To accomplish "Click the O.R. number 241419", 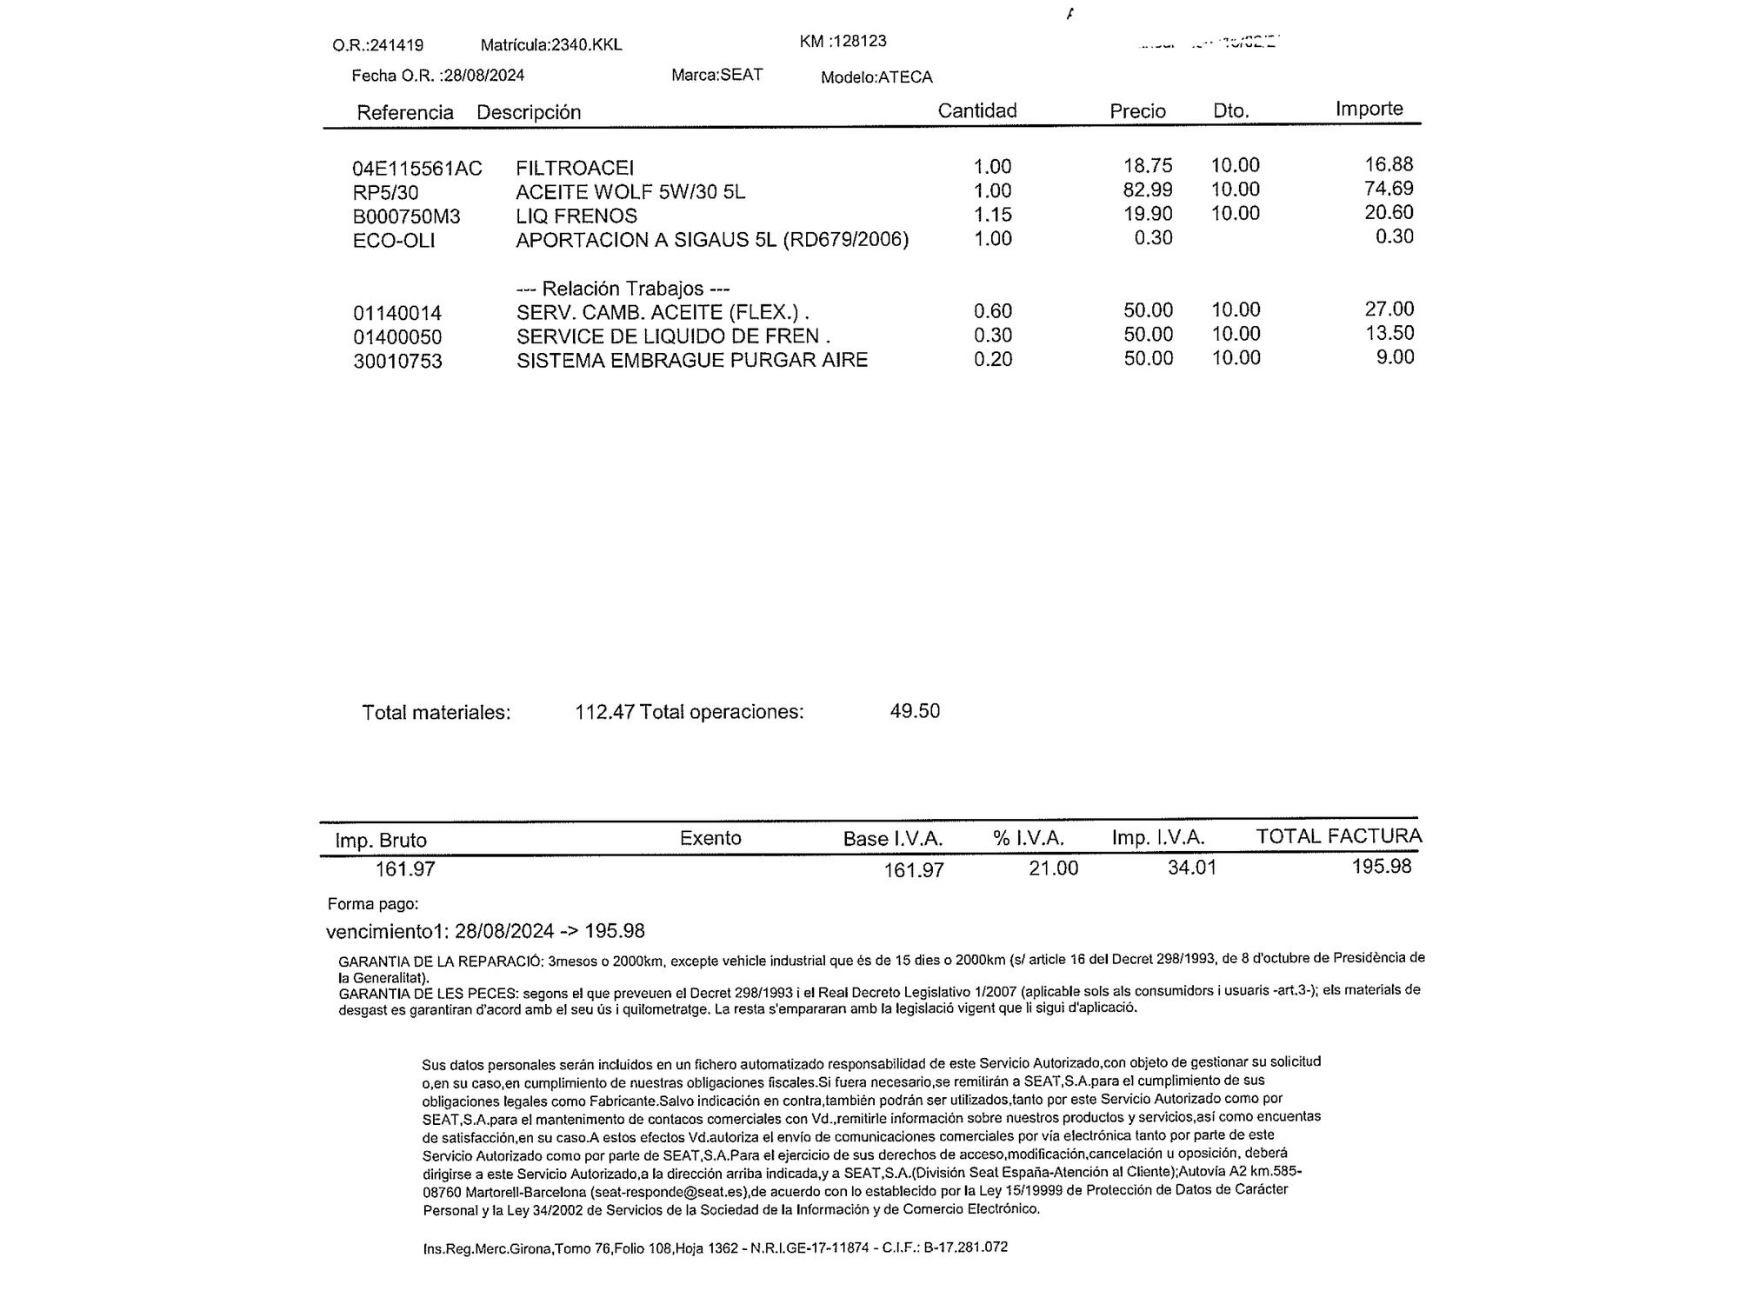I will [x=396, y=45].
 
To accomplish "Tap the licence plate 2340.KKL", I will [x=587, y=44].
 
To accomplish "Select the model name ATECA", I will [x=905, y=77].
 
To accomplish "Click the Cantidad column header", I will [x=976, y=110].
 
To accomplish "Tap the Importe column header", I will [x=1369, y=109].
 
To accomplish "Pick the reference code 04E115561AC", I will [x=417, y=169].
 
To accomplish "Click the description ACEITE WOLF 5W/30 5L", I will [x=630, y=192].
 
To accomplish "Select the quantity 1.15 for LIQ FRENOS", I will [x=992, y=215].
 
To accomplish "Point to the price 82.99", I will [x=1148, y=190].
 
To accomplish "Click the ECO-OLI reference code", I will [x=394, y=241].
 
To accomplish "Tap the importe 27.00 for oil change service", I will [x=1389, y=309].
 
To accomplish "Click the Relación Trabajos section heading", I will [x=623, y=289].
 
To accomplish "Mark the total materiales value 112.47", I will [x=604, y=712].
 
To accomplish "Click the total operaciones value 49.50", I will [x=915, y=711].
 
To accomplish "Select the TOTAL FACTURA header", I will [x=1338, y=836].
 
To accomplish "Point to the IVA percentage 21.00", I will [x=1053, y=868].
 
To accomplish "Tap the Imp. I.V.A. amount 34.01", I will [x=1191, y=868].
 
